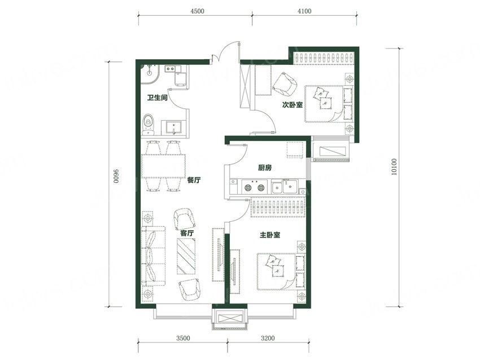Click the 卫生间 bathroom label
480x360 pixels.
tap(157, 98)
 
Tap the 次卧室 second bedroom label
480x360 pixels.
tap(293, 105)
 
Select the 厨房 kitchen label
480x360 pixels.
tap(265, 168)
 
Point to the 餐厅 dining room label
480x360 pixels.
tap(194, 180)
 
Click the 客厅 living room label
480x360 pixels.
tap(187, 233)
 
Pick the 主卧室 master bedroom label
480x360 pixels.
tap(270, 235)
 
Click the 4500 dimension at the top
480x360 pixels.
tap(197, 11)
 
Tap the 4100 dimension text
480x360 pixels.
tap(304, 11)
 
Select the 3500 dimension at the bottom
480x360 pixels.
tap(183, 339)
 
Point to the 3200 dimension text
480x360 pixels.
tap(268, 339)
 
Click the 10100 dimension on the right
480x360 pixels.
tap(394, 167)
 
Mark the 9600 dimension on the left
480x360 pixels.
tap(115, 176)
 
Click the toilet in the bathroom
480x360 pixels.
tap(149, 125)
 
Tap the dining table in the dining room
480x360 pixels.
tap(163, 166)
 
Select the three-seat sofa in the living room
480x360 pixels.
tap(154, 256)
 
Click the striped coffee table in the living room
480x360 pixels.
tap(186, 256)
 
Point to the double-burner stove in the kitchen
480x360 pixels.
tap(254, 187)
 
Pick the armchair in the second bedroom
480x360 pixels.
tap(285, 83)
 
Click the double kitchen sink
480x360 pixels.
tap(285, 187)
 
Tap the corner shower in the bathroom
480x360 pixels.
tap(150, 73)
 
